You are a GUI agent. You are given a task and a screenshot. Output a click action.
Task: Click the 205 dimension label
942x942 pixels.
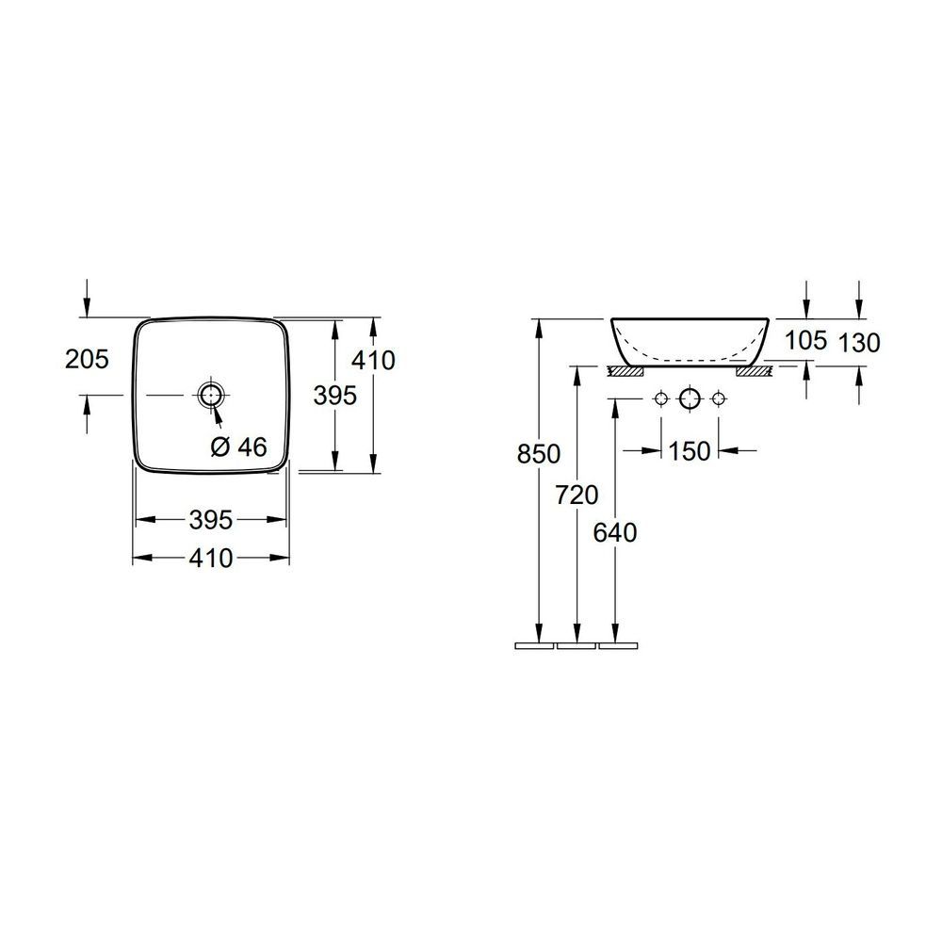pyautogui.click(x=87, y=359)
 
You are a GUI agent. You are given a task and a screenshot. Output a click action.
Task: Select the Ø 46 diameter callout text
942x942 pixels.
pyautogui.click(x=239, y=447)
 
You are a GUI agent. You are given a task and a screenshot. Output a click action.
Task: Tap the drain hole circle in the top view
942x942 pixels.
pyautogui.click(x=211, y=395)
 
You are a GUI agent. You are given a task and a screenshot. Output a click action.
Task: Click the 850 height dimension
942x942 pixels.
pyautogui.click(x=539, y=454)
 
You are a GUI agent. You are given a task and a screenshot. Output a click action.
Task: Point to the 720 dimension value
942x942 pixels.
pyautogui.click(x=577, y=495)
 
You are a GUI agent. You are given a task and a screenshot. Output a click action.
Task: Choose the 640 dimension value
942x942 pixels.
pyautogui.click(x=614, y=533)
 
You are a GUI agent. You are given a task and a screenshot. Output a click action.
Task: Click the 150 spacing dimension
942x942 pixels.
pyautogui.click(x=690, y=450)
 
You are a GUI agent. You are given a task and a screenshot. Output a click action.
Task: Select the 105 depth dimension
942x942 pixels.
pyautogui.click(x=806, y=341)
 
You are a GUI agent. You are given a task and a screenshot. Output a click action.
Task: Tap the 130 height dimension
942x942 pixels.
pyautogui.click(x=858, y=343)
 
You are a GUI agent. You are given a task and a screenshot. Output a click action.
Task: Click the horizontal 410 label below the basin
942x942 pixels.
pyautogui.click(x=211, y=559)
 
